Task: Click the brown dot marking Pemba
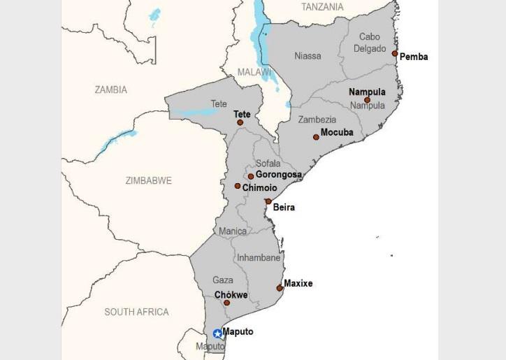tap(395, 54)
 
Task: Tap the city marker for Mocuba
tap(316, 137)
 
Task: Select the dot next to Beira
tap(268, 201)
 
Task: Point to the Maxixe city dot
tap(280, 288)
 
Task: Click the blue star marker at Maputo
tap(218, 334)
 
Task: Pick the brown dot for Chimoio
tap(238, 186)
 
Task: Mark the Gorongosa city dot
tap(251, 176)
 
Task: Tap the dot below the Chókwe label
tap(227, 303)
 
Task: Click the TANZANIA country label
tap(322, 7)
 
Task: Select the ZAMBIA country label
tap(111, 89)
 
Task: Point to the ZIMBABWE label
tap(148, 180)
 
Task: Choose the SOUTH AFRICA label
tap(136, 312)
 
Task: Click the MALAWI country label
tap(254, 72)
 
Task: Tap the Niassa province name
tap(308, 56)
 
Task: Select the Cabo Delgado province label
tap(370, 43)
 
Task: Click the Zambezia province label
tap(317, 120)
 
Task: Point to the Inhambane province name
tap(259, 258)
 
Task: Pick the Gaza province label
tap(223, 280)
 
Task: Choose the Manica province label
tap(233, 231)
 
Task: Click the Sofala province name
tap(268, 164)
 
